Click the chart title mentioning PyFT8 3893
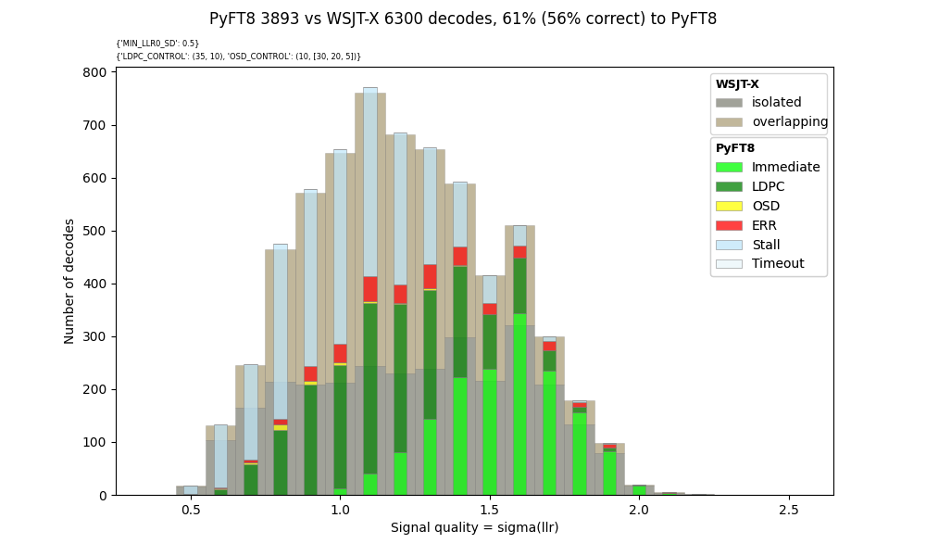tap(463, 19)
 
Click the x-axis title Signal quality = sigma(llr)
tap(474, 527)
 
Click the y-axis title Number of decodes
tap(70, 281)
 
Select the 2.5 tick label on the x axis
tap(788, 510)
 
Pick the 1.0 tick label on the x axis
tap(340, 510)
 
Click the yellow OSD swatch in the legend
tap(729, 206)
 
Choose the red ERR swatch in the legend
tap(729, 225)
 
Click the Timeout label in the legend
tap(778, 264)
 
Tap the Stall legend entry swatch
tap(729, 245)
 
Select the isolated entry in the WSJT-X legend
tap(776, 103)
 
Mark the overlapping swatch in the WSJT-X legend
tap(729, 122)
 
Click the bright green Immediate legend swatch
tap(729, 168)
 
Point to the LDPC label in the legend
tap(768, 187)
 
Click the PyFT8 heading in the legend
tap(735, 148)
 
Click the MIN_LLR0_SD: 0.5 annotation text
tap(157, 44)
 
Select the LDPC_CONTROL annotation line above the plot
tap(238, 57)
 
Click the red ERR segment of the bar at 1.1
tap(370, 289)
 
